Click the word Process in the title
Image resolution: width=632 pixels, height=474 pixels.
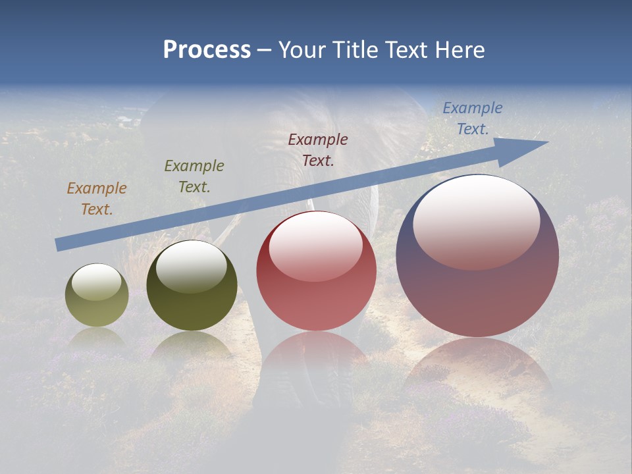pyautogui.click(x=207, y=50)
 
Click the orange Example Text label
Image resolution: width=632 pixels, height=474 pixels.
pyautogui.click(x=96, y=199)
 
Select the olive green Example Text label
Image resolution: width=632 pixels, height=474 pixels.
pyautogui.click(x=194, y=176)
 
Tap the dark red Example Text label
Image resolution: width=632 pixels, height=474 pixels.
pyautogui.click(x=318, y=150)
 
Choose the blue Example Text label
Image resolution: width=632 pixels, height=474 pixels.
pyautogui.click(x=473, y=118)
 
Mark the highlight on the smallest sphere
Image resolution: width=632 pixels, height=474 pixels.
pyautogui.click(x=96, y=282)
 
